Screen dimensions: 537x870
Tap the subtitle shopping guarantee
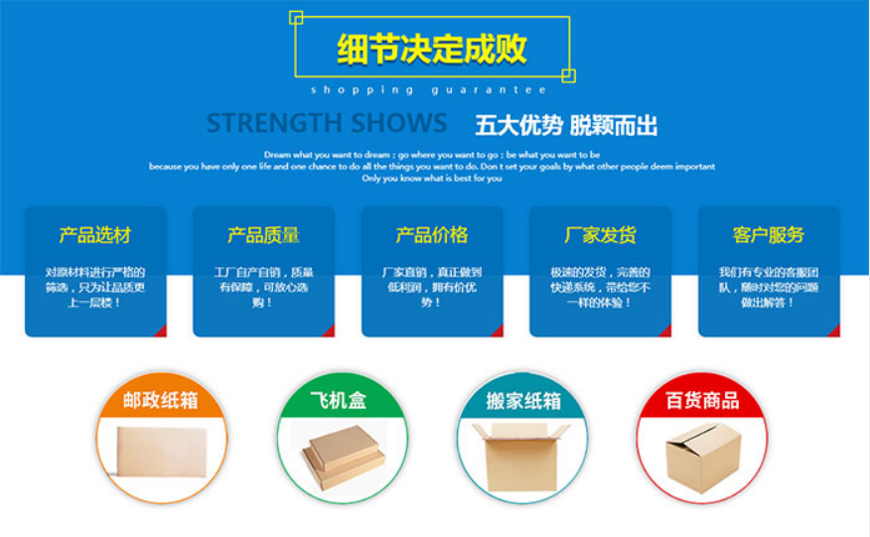coord(428,90)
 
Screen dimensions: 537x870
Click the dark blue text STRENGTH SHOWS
coord(327,124)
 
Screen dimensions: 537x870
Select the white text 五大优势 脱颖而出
coord(566,126)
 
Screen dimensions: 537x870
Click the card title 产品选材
coord(95,235)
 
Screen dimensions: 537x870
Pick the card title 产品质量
coord(263,235)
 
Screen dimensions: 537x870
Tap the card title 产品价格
coord(432,235)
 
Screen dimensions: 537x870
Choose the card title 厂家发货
coord(600,235)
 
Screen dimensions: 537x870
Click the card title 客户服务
coord(769,235)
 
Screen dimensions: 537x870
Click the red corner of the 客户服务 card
coord(835,332)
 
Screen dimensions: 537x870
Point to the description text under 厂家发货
coord(600,287)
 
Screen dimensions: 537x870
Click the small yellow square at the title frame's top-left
coord(296,17)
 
